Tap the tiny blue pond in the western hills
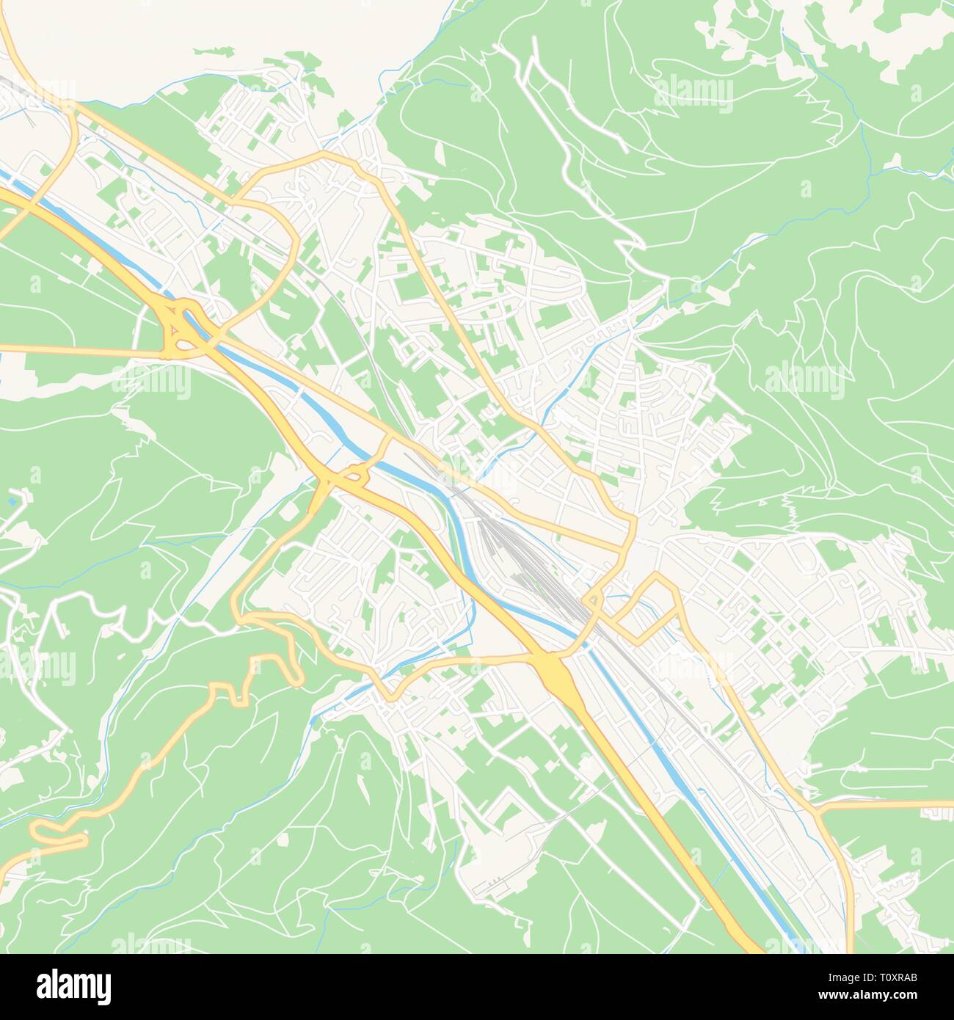coord(12,502)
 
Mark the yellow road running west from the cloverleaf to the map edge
coord(73,350)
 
